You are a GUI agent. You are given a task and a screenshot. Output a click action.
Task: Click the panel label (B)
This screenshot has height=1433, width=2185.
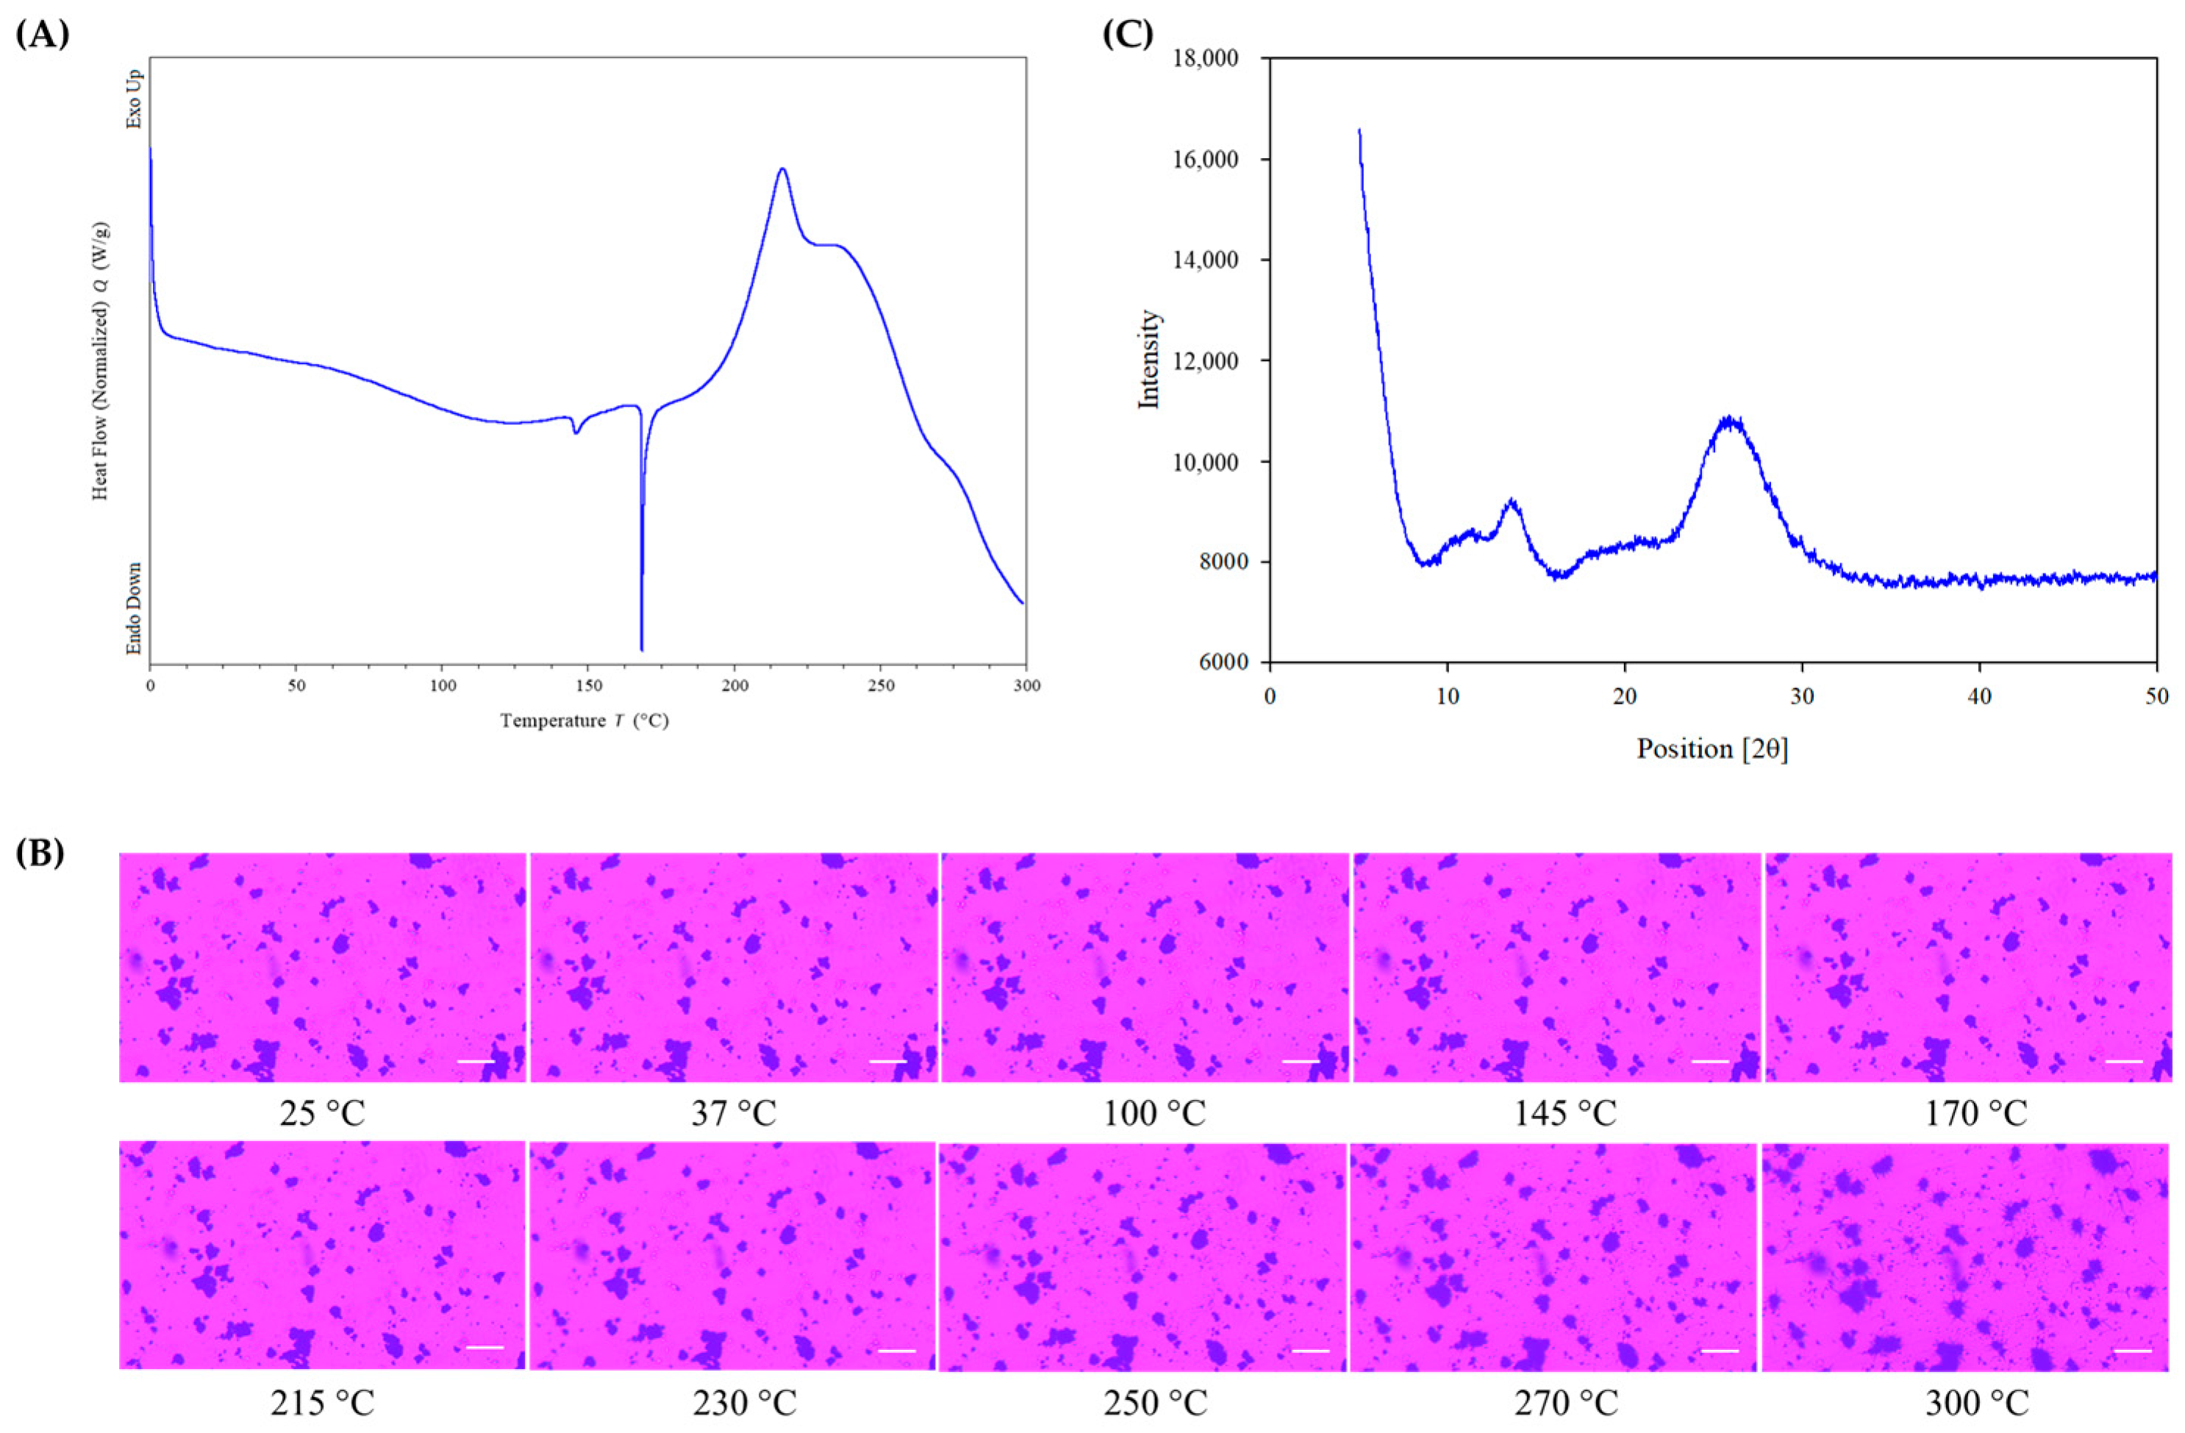point(41,853)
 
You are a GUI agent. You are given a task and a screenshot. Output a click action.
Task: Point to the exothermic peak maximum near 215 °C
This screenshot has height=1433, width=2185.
point(782,169)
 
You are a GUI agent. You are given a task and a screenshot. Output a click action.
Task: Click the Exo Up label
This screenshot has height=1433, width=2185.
point(134,99)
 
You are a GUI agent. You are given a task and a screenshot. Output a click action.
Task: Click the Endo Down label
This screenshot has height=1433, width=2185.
point(134,609)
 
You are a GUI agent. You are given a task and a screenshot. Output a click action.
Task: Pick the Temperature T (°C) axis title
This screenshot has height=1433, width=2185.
point(584,721)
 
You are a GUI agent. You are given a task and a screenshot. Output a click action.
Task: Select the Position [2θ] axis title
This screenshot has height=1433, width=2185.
point(1712,749)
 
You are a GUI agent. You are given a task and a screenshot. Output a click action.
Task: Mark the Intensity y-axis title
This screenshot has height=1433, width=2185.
point(1149,359)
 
